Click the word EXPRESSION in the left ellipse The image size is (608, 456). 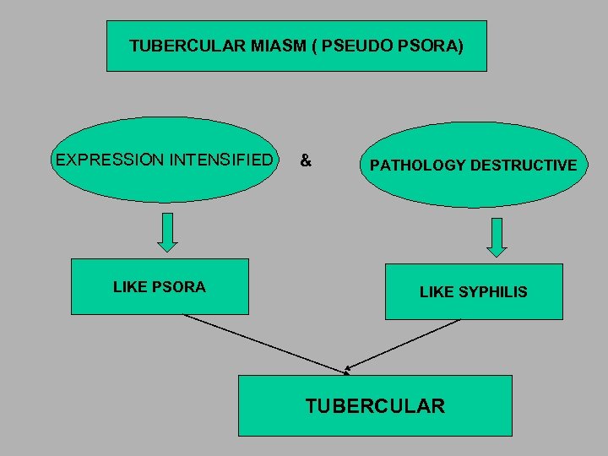(x=106, y=160)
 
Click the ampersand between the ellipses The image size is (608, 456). (x=306, y=160)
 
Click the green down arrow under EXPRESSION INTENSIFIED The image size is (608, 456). (x=168, y=231)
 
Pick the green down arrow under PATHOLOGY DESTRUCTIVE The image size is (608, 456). (x=497, y=237)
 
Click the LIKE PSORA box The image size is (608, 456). (x=160, y=286)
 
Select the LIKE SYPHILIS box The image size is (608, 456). (x=474, y=291)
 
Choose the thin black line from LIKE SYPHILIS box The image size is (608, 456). (x=404, y=345)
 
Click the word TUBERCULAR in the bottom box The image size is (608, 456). (x=375, y=406)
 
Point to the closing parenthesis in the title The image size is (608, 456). (x=459, y=46)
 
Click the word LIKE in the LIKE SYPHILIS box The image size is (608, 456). (x=437, y=292)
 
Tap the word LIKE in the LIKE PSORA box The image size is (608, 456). (x=130, y=287)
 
